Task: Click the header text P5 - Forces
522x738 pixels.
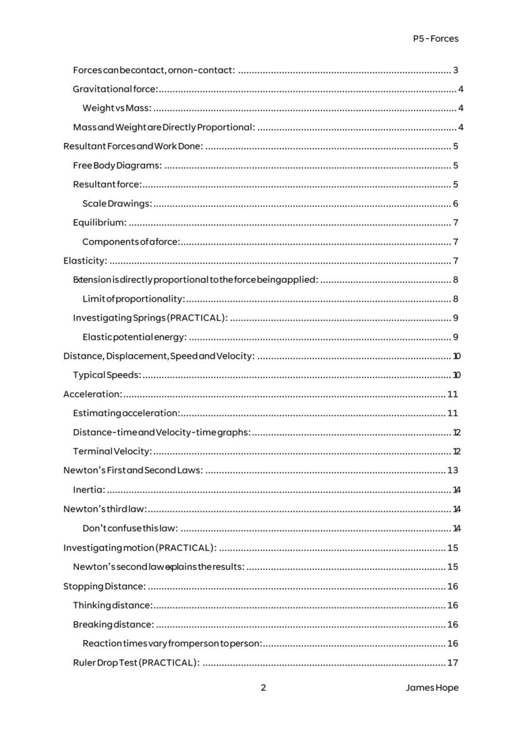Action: [436, 38]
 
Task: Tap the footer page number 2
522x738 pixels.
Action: [264, 688]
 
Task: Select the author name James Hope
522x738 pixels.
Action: [432, 688]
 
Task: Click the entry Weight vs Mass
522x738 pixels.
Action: [117, 108]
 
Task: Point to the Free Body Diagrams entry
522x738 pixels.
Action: [117, 166]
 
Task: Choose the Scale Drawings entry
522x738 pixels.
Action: [117, 204]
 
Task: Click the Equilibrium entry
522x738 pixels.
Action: [100, 222]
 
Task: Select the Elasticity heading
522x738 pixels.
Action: [85, 261]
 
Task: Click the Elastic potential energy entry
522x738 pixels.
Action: [134, 337]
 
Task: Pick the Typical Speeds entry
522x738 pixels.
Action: [107, 375]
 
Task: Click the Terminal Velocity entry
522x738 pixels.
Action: [112, 451]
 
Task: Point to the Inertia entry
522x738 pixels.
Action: [89, 490]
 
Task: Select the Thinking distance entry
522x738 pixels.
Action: [112, 605]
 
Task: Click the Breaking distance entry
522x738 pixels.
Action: [113, 625]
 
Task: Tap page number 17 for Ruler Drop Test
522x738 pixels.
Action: [452, 662]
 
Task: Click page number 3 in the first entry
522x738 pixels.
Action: [455, 70]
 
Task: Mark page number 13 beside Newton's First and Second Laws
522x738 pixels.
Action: [452, 470]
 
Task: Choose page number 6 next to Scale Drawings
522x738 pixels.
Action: [455, 204]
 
